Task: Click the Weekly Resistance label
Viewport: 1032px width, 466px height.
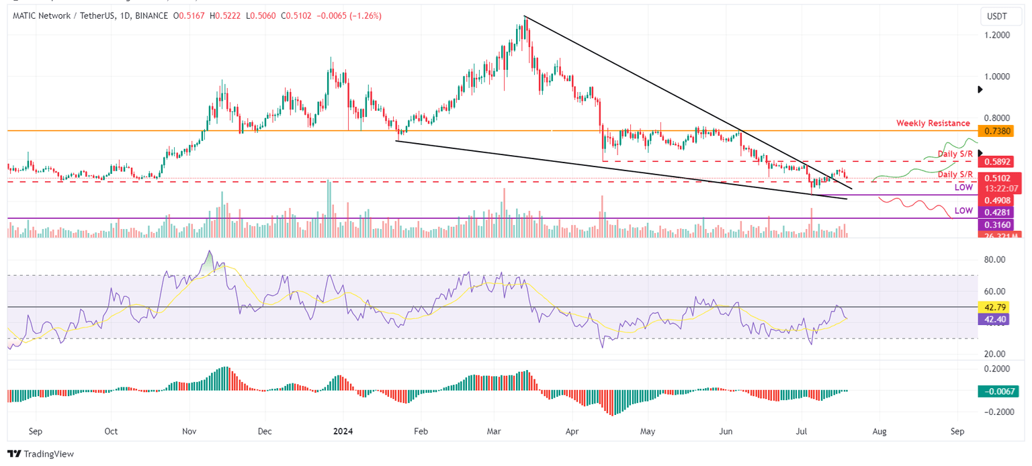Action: click(x=933, y=124)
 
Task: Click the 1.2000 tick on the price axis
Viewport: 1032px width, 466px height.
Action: click(x=994, y=35)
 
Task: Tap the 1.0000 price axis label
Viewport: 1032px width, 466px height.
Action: click(x=994, y=76)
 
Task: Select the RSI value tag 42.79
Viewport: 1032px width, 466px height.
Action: click(x=994, y=307)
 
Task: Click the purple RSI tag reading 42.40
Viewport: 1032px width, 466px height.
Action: click(x=994, y=320)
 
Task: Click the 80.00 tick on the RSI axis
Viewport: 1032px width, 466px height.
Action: click(x=994, y=260)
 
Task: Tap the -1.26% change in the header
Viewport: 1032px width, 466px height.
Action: click(x=365, y=15)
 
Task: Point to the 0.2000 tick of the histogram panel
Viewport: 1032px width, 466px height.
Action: click(x=994, y=369)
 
